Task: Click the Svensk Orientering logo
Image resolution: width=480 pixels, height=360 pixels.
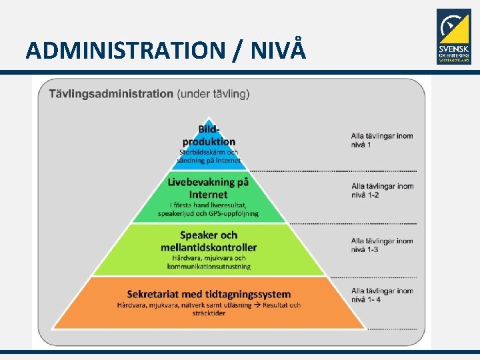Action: point(453,37)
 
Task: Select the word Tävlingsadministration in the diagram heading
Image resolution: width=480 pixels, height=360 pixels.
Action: point(111,93)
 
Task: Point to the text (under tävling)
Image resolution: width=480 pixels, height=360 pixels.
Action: point(213,93)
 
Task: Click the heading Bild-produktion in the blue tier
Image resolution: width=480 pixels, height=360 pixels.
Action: point(209,135)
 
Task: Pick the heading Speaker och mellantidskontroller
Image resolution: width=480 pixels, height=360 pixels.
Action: point(208,241)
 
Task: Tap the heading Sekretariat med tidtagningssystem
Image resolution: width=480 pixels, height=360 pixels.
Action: point(209,294)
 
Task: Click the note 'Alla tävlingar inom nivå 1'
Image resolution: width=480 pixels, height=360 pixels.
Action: point(381,140)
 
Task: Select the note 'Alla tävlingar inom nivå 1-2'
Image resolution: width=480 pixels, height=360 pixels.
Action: point(382,191)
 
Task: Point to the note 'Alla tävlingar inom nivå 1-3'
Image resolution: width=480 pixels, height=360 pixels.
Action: point(382,245)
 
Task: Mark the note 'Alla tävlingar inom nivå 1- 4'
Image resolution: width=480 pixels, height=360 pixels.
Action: point(382,295)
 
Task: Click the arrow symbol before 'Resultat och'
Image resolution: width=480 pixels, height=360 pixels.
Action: point(257,305)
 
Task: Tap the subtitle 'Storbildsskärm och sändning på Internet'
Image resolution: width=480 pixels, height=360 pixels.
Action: point(208,156)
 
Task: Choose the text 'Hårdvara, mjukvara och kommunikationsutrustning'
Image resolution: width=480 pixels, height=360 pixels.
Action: point(209,262)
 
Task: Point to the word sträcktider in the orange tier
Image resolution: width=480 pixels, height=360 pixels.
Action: point(208,313)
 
